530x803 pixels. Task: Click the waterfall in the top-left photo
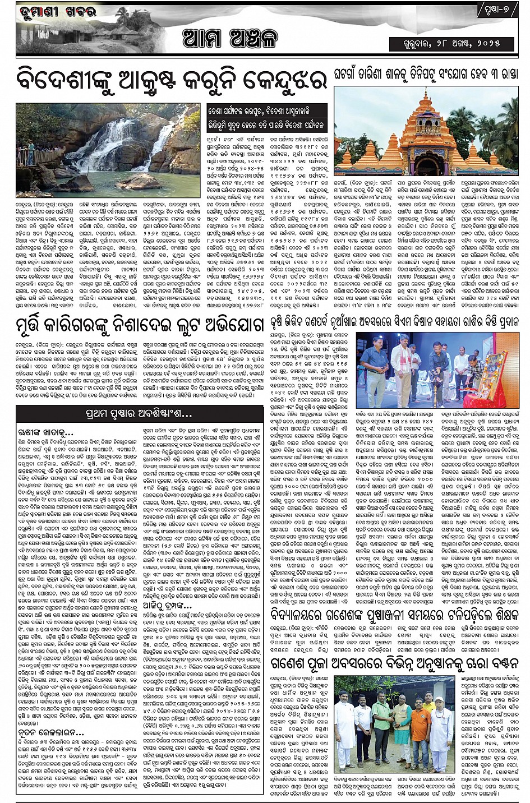click(x=112, y=143)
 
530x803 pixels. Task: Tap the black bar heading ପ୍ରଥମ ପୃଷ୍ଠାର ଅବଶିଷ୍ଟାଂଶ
click(x=136, y=414)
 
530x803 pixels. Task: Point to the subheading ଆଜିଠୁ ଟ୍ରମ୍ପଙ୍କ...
click(x=167, y=606)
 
